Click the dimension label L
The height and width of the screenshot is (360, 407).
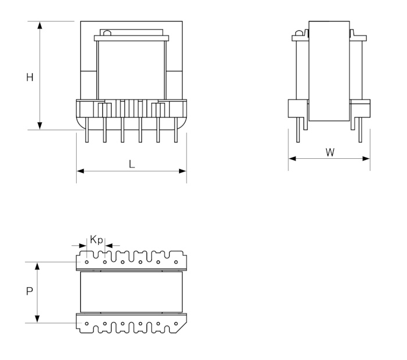[x=132, y=164]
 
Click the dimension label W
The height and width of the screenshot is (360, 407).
[x=330, y=152]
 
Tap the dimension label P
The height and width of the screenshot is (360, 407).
[x=29, y=293]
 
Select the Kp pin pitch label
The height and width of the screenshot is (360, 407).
[x=96, y=240]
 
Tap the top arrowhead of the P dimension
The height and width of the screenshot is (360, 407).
[x=38, y=265]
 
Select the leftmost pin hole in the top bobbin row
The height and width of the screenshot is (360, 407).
[x=87, y=262]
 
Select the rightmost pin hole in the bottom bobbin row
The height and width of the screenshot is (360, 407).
[x=176, y=321]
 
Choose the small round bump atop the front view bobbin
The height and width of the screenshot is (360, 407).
[x=106, y=33]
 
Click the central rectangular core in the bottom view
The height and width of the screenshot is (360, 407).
[x=131, y=292]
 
